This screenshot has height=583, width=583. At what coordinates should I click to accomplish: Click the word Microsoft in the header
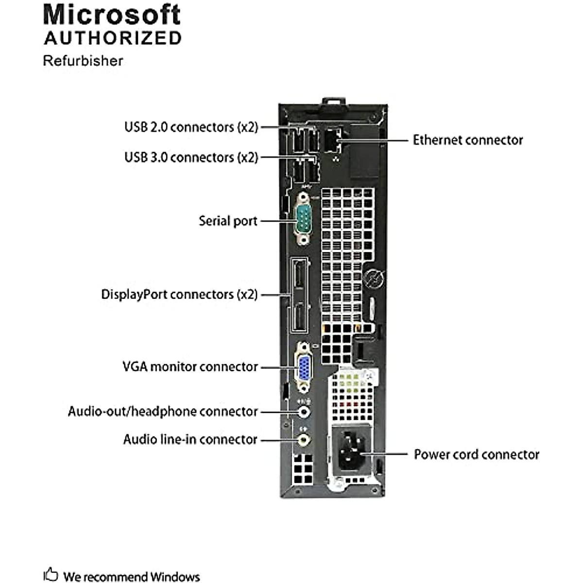click(112, 15)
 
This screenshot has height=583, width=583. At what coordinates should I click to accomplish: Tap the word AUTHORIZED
click(113, 38)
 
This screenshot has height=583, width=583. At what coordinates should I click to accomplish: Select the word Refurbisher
click(83, 61)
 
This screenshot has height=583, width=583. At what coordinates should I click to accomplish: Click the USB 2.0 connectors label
click(191, 127)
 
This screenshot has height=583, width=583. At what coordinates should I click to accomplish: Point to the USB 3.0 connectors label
click(191, 157)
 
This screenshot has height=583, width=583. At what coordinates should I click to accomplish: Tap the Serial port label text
click(228, 221)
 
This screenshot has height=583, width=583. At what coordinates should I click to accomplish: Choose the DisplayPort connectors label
click(179, 294)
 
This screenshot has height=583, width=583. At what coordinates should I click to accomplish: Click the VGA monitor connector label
click(190, 366)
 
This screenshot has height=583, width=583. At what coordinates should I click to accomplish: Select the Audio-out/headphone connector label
click(163, 412)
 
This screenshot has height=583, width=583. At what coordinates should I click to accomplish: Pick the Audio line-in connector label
click(190, 439)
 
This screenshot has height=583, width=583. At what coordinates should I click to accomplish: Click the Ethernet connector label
click(468, 140)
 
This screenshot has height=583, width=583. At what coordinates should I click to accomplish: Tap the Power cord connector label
click(476, 454)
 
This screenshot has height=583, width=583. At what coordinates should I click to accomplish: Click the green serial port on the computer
click(304, 219)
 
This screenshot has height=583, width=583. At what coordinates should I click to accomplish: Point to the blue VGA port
click(304, 367)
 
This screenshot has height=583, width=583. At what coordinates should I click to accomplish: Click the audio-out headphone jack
click(304, 412)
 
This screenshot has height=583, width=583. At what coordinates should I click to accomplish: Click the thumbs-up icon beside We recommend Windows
click(51, 574)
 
